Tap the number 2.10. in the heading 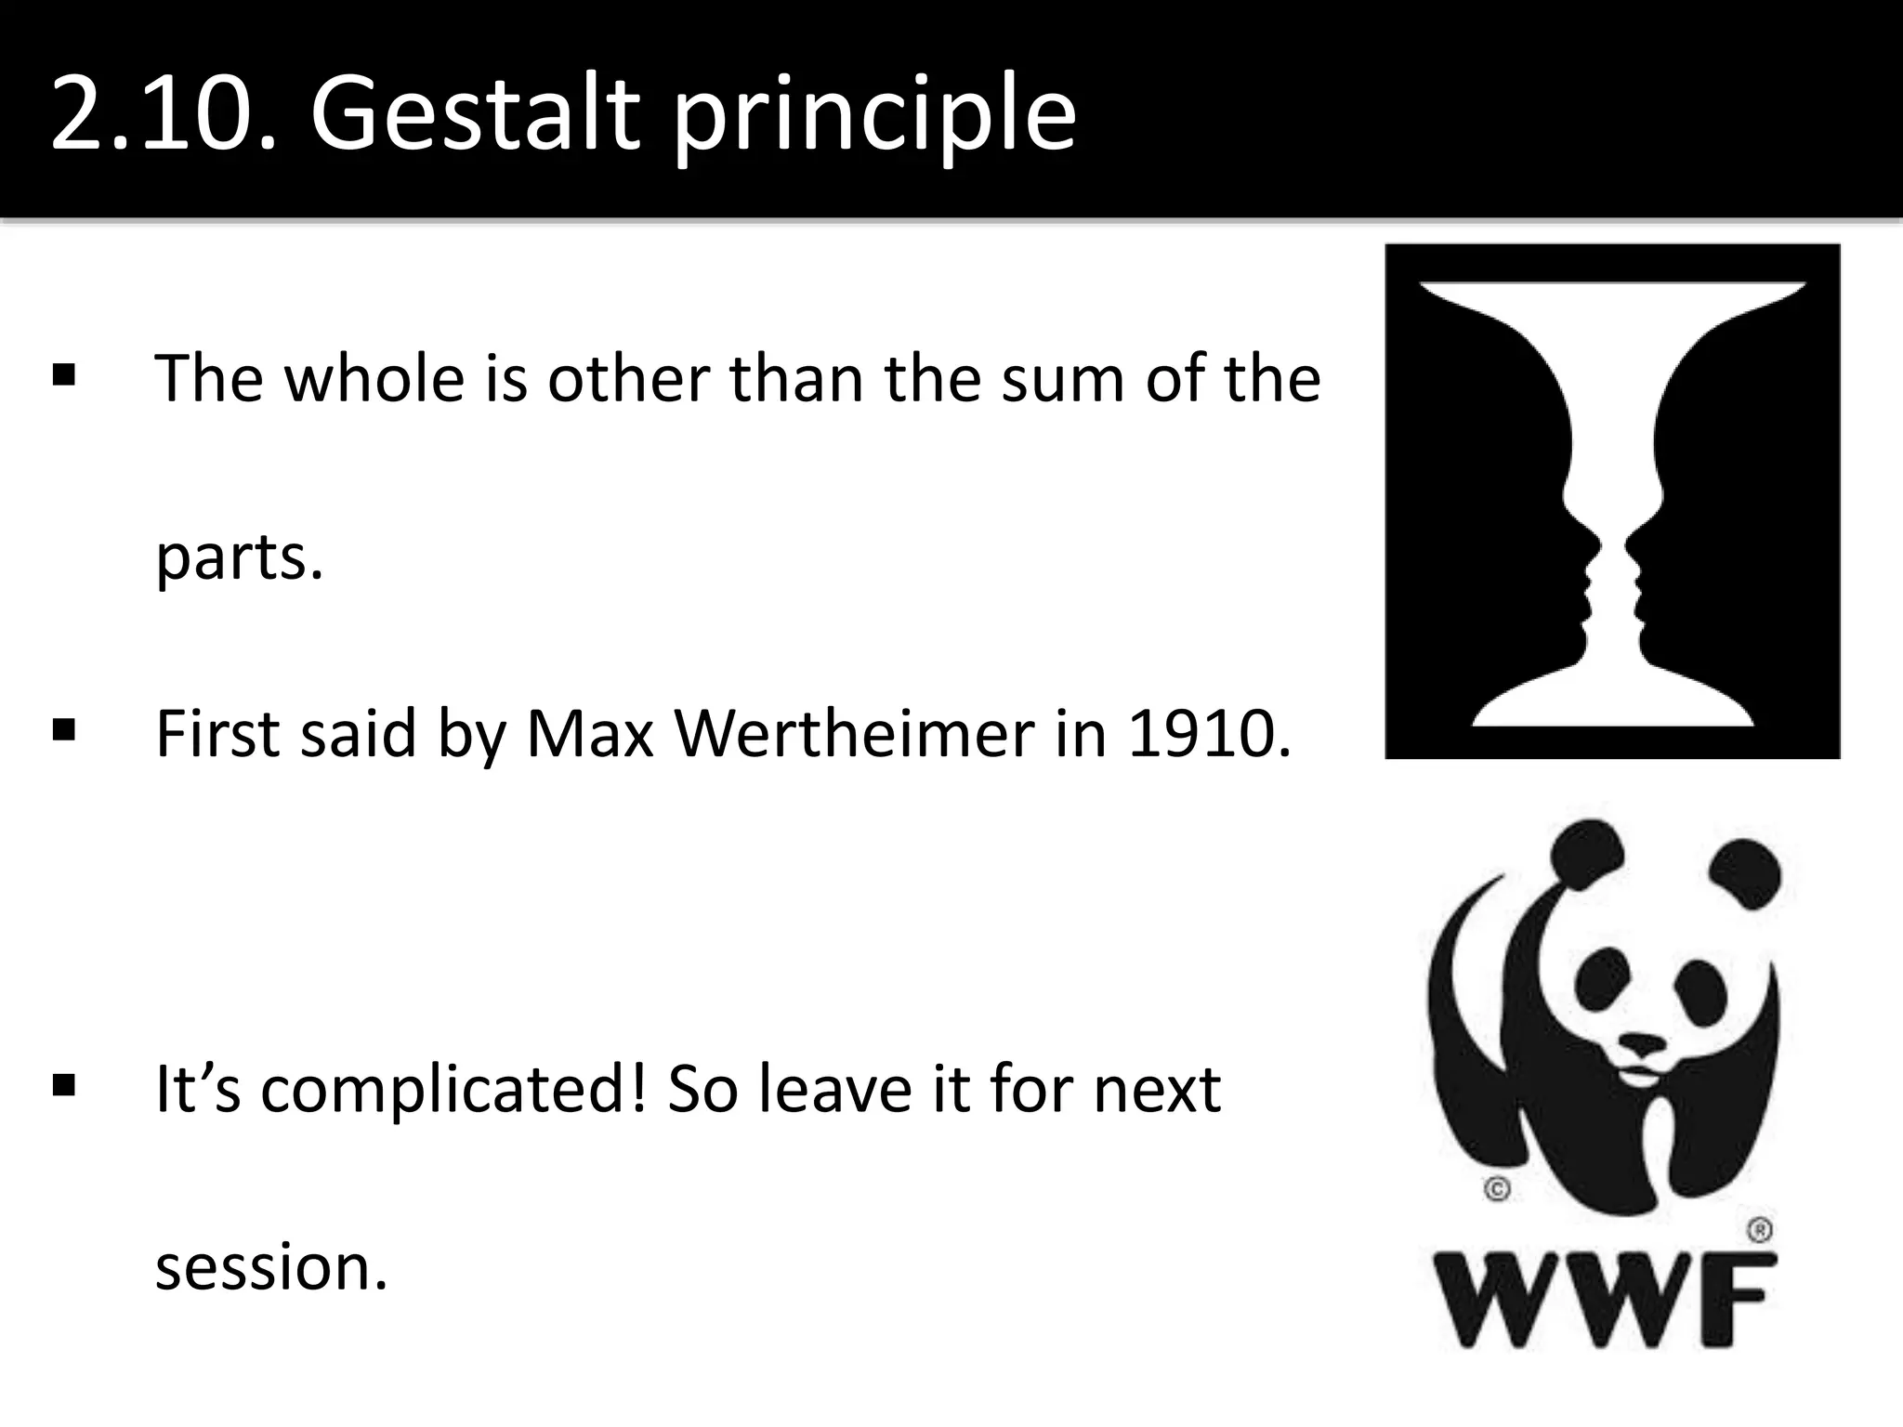(163, 115)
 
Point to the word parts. (239, 557)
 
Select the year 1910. (1208, 734)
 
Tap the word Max (590, 734)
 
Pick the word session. (269, 1267)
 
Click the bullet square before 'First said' (64, 730)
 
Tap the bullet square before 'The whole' (64, 375)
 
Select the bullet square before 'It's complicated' (64, 1085)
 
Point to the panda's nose (1643, 1042)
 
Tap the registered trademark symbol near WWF (1760, 1231)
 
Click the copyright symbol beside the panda (1497, 1189)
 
